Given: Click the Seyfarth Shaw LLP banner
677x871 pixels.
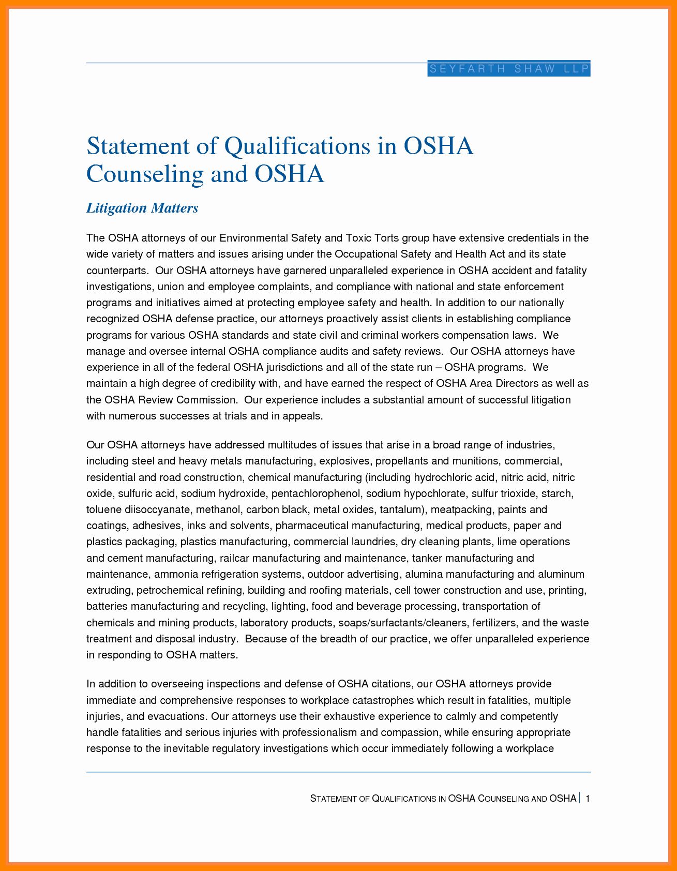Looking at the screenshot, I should (x=509, y=69).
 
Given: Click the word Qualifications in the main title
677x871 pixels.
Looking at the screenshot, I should (x=297, y=146).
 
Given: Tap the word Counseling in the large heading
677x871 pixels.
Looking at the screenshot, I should (x=145, y=174).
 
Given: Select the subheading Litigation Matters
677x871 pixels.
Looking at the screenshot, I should (x=142, y=208).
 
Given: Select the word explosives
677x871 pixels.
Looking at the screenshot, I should (x=344, y=461).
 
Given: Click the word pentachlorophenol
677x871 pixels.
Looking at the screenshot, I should (x=315, y=493).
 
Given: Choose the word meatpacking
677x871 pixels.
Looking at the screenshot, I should (x=461, y=509).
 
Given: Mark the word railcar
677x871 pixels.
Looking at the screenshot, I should (x=234, y=558).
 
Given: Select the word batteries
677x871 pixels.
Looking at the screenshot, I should (x=107, y=606).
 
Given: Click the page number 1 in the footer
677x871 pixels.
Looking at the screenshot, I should (x=588, y=799).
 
